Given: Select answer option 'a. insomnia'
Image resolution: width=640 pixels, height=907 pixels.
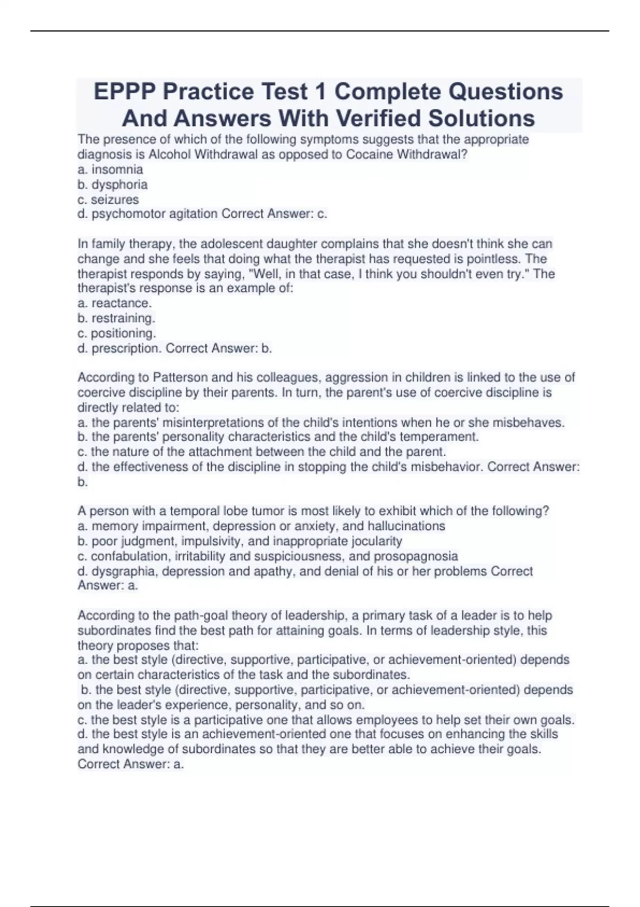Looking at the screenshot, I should [110, 170].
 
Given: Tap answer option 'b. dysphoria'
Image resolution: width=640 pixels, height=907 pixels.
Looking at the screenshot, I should [113, 185].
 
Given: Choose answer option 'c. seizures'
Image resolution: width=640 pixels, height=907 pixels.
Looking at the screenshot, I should [108, 200].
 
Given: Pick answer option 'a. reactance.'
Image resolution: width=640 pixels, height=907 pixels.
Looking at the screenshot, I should [115, 304].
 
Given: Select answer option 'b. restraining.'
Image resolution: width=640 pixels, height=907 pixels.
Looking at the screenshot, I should [116, 319].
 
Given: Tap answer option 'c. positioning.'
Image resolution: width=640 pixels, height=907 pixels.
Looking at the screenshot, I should [117, 333].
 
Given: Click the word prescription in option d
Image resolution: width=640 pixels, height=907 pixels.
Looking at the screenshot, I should [126, 348].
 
